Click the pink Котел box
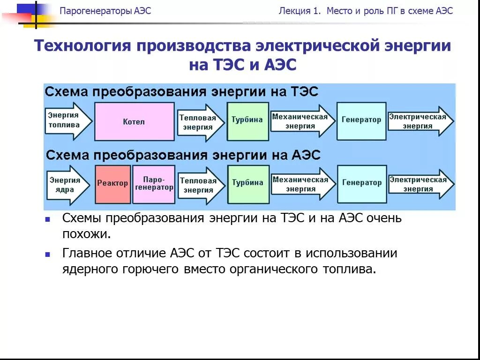[134, 122]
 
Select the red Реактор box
[112, 184]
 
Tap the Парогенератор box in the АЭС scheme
[154, 184]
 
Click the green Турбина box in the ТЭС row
[247, 121]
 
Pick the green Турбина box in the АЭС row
[247, 184]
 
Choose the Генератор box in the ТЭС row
[361, 121]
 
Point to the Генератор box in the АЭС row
[361, 184]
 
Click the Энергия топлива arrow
[66, 121]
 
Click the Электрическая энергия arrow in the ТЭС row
[419, 121]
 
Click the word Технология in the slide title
[82, 46]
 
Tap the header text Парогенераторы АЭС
[105, 11]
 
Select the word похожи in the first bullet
[86, 234]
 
